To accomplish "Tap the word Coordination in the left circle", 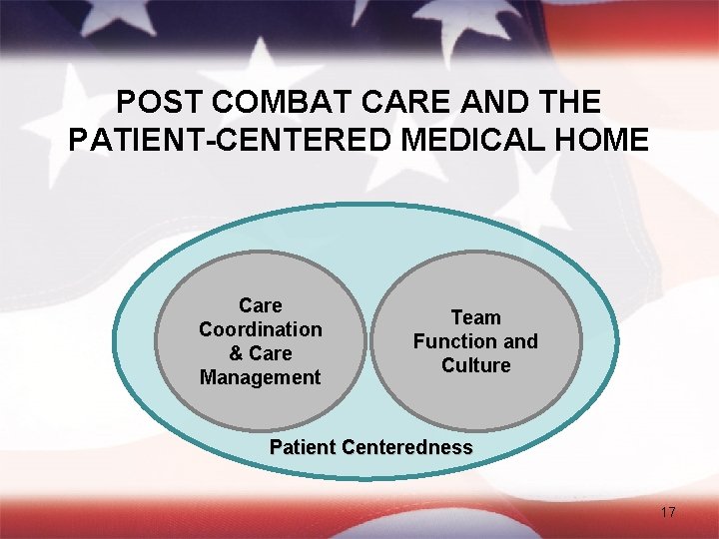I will point(261,329).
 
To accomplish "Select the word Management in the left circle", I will point(261,377).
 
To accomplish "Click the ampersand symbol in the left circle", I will point(236,353).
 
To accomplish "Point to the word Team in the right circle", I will point(475,317).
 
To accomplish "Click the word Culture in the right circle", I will point(475,365).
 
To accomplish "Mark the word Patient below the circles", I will point(304,447).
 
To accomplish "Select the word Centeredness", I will point(406,447).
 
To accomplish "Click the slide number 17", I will point(668,513).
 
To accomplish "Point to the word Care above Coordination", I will point(261,305).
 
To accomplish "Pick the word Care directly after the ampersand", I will point(272,353).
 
